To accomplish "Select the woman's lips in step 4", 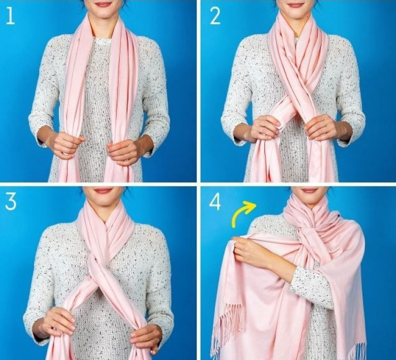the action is tap(309, 190).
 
